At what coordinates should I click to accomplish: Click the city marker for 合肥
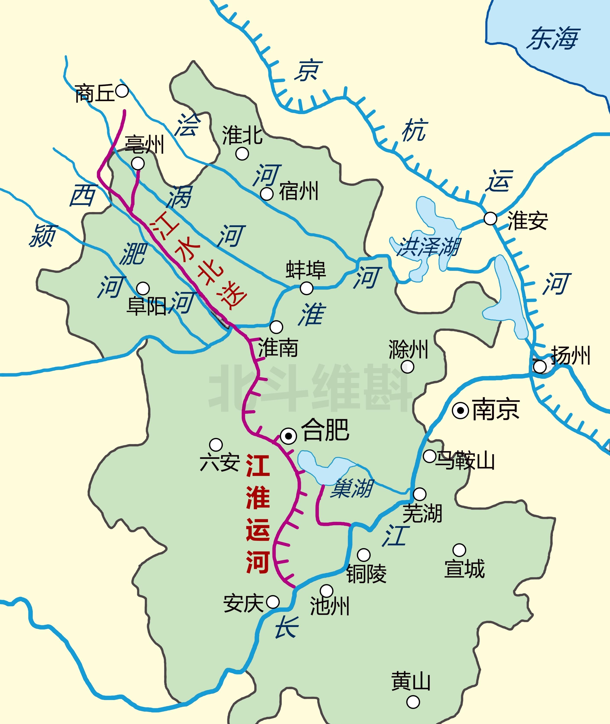click(x=288, y=436)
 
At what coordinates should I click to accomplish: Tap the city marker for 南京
click(x=461, y=410)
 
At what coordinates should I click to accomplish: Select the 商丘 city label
click(x=94, y=93)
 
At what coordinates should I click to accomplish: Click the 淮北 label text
click(x=242, y=135)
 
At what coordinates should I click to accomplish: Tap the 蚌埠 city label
click(x=306, y=270)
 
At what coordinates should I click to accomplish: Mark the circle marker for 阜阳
click(x=143, y=288)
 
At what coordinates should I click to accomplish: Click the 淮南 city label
click(x=278, y=348)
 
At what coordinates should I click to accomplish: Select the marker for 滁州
click(x=407, y=367)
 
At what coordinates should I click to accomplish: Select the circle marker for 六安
click(x=216, y=445)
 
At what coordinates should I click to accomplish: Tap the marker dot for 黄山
click(x=413, y=702)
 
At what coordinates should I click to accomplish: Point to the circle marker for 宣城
click(x=459, y=550)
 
